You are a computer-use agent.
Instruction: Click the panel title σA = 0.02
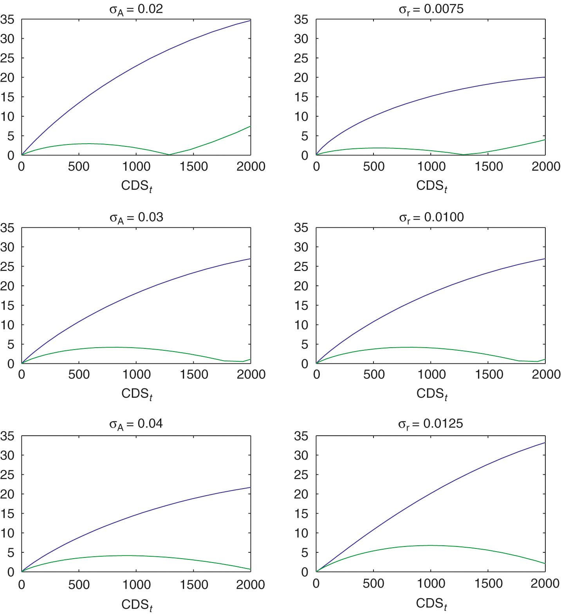point(136,9)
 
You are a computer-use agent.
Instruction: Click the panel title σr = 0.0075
point(431,9)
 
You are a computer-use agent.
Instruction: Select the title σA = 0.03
point(136,218)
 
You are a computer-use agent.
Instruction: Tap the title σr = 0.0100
point(431,218)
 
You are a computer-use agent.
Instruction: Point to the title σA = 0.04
point(136,424)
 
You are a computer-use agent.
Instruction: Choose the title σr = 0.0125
point(431,424)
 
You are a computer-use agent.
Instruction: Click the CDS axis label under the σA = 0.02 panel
point(136,186)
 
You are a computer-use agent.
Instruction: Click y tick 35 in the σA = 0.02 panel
point(7,20)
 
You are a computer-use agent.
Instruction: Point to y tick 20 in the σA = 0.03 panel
point(7,286)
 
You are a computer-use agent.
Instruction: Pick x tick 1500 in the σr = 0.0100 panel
point(489,375)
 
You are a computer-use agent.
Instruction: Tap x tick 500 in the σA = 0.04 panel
point(79,584)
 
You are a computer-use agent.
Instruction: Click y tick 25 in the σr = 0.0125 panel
point(301,475)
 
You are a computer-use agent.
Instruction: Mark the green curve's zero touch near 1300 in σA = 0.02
point(169,155)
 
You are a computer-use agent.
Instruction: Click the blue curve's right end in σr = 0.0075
point(545,77)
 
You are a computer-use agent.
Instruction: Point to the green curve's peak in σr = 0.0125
point(431,545)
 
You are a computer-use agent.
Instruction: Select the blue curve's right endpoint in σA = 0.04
point(251,487)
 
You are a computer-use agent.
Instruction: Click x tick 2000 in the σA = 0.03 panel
point(251,375)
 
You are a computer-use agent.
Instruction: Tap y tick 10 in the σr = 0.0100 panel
point(301,325)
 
